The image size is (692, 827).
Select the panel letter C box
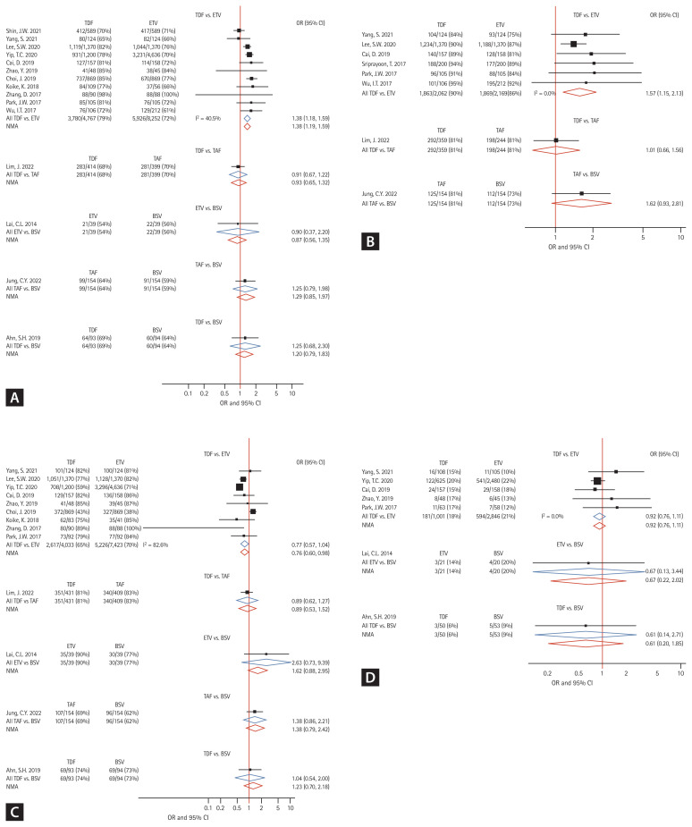coord(13,811)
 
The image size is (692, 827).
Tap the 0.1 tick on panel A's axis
coord(189,367)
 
